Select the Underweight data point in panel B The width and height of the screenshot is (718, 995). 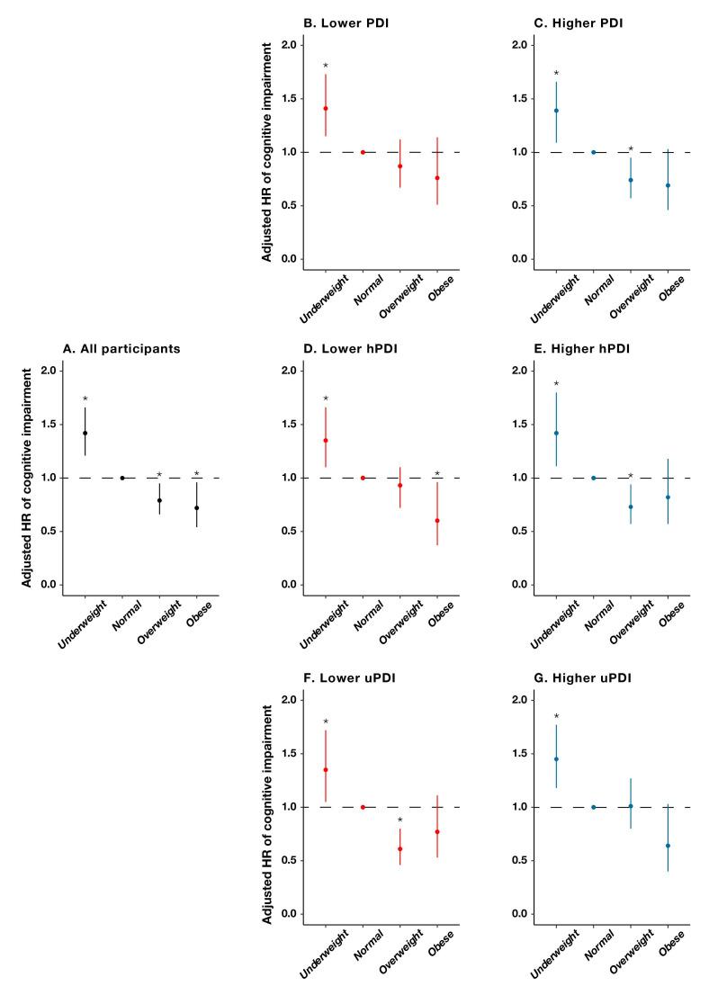pyautogui.click(x=326, y=108)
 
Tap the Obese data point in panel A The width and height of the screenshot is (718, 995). pyautogui.click(x=196, y=508)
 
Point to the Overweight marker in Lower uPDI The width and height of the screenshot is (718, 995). pyautogui.click(x=400, y=848)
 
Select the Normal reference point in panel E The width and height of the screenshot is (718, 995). pyautogui.click(x=594, y=478)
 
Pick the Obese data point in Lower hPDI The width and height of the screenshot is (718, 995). pyautogui.click(x=437, y=521)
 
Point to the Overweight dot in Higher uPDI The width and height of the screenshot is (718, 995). pyautogui.click(x=631, y=806)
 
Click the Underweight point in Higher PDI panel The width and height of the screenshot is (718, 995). pyautogui.click(x=556, y=111)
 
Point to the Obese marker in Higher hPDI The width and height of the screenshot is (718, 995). pyautogui.click(x=668, y=497)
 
